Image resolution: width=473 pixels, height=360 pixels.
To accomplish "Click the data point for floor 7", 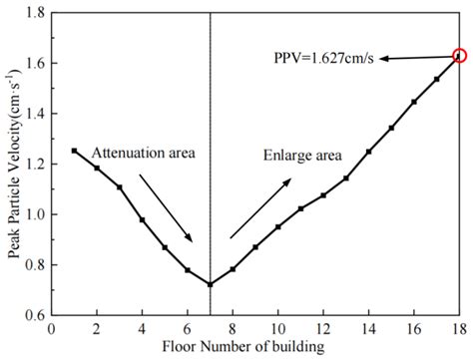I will coord(210,284).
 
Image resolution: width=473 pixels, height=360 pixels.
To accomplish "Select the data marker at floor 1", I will coord(74,151).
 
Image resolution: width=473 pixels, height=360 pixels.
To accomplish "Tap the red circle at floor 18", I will coord(459,56).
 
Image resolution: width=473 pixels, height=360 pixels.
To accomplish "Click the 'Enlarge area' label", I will coord(302,156).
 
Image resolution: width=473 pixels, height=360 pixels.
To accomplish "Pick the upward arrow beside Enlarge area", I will coord(259,208).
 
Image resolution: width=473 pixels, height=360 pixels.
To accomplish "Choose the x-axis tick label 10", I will coord(277,328).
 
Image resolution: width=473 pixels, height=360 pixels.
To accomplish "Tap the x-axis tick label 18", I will coord(459,328).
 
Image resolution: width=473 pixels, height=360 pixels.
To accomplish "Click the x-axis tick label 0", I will coord(51,328).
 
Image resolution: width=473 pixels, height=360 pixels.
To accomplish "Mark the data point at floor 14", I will coord(368,152).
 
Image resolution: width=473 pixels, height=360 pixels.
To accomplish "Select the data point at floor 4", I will coord(142,219).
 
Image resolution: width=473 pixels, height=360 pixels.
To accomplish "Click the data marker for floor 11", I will coord(300,208).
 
